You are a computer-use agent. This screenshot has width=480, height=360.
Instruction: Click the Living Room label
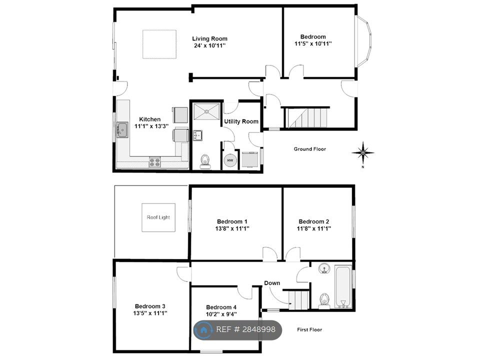[209, 38]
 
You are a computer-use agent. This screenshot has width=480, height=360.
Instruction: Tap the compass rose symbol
[363, 153]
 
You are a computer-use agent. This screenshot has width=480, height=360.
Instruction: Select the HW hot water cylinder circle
[230, 160]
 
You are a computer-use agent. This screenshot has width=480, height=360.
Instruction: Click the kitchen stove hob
[154, 162]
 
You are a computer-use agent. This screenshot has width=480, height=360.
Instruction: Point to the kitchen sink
[122, 130]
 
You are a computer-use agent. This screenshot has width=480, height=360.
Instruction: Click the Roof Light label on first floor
[158, 217]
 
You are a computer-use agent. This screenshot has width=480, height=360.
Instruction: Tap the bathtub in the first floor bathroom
[343, 286]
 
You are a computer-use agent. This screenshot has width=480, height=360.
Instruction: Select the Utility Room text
[241, 121]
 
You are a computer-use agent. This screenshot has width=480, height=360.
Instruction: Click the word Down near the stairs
[272, 283]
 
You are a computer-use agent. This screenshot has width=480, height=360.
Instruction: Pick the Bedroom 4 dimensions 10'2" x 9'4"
[221, 314]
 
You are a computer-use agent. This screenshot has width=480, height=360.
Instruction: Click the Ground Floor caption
[310, 149]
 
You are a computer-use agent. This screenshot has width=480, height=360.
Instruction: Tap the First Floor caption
[309, 329]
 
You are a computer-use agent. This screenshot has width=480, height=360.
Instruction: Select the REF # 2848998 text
[246, 329]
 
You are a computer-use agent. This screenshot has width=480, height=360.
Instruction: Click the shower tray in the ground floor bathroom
[207, 111]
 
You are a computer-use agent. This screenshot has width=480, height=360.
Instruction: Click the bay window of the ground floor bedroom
[363, 41]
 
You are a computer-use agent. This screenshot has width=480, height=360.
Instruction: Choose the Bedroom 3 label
[150, 306]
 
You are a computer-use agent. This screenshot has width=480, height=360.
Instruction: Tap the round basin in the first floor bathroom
[324, 268]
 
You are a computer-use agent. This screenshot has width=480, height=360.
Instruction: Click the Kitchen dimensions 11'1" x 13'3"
[151, 126]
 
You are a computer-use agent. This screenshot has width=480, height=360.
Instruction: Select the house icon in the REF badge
[203, 330]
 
